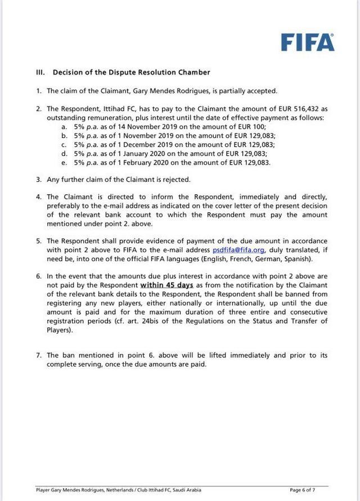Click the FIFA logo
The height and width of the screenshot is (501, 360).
pyautogui.click(x=307, y=42)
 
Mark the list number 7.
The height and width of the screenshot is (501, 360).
pyautogui.click(x=38, y=356)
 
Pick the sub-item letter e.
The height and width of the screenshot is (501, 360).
pyautogui.click(x=64, y=163)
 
